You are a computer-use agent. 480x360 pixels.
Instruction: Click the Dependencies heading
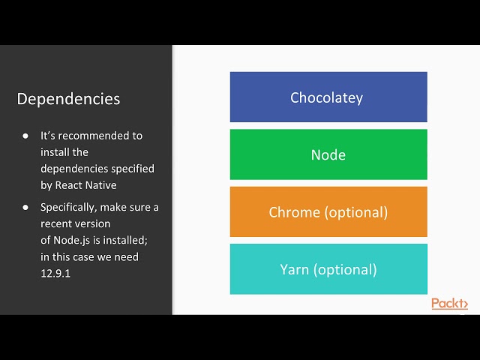pos(68,99)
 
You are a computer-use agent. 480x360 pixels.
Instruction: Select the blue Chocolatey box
pos(328,97)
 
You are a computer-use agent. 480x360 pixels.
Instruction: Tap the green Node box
pos(328,154)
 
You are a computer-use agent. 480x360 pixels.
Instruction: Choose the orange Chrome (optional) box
pos(328,212)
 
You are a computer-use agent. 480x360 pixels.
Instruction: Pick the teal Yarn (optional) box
pos(328,269)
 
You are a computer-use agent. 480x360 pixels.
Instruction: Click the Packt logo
pos(449,304)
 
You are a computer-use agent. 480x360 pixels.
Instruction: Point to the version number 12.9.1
pos(55,273)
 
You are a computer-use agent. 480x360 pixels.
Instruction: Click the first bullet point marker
pos(25,136)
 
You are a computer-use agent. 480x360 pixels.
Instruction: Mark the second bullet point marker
pos(25,207)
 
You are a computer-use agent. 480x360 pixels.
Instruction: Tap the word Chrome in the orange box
pos(294,212)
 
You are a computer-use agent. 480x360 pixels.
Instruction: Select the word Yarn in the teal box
pos(294,269)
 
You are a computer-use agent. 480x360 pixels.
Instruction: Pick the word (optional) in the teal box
pos(344,269)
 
